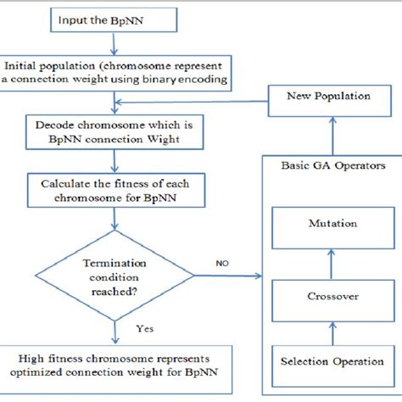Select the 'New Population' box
tap(327, 97)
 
